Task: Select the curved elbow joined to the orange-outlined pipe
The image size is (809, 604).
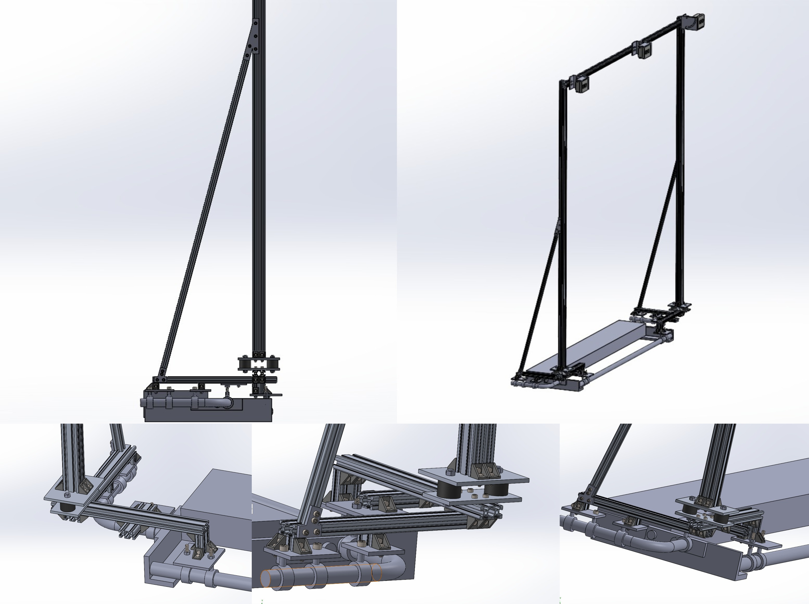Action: click(x=397, y=565)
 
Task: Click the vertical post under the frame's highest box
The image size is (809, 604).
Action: click(x=680, y=165)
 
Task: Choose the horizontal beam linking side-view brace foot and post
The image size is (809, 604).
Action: click(x=208, y=380)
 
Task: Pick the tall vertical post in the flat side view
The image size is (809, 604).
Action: click(x=259, y=183)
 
